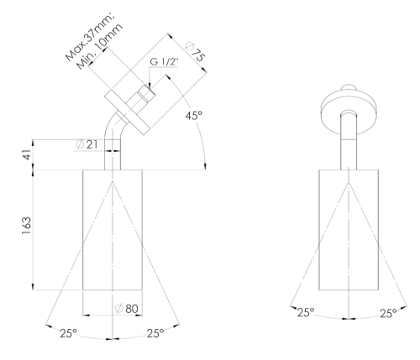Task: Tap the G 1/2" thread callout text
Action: click(164, 61)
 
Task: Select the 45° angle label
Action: click(193, 115)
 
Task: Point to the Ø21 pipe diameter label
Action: click(87, 144)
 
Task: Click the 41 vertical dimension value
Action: click(27, 154)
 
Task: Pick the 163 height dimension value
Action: click(27, 226)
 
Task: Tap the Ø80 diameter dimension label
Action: click(127, 309)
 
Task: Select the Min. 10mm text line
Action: click(100, 46)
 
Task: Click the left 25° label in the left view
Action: click(68, 333)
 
